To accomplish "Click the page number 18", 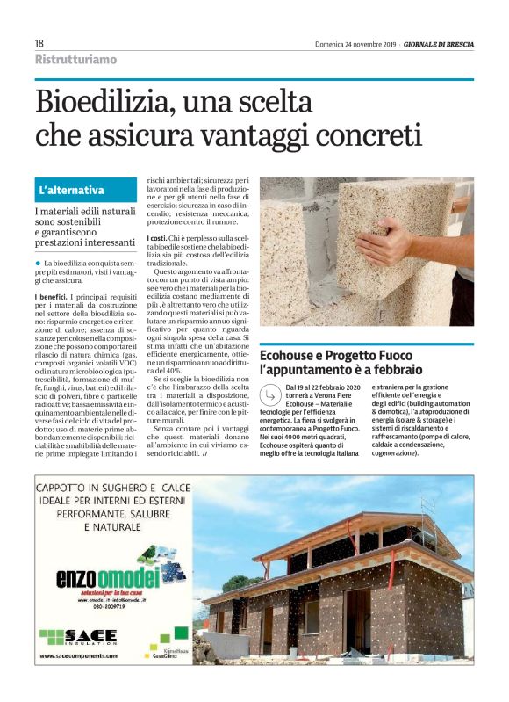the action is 39,43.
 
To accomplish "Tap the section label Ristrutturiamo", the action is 75,60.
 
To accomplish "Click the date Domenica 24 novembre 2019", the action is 355,44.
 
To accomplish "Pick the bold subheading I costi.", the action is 156,239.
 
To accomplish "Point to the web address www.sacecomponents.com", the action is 78,655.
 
